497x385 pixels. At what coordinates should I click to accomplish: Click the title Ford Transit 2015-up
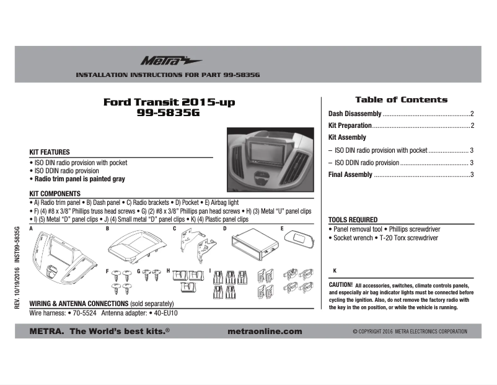169,102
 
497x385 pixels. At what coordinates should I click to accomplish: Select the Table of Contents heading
401,99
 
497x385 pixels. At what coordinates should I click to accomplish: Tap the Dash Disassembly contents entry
355,114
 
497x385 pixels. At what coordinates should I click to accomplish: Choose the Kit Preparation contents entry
351,126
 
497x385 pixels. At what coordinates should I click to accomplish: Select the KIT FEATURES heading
50,152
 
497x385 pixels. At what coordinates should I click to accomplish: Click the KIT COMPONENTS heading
55,194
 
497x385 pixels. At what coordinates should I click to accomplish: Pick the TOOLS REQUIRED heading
353,220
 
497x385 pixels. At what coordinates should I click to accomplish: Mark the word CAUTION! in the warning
340,284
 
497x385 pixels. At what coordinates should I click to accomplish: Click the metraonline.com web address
265,332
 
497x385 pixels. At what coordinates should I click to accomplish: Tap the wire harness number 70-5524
82,314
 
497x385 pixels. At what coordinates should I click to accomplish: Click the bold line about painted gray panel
77,179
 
